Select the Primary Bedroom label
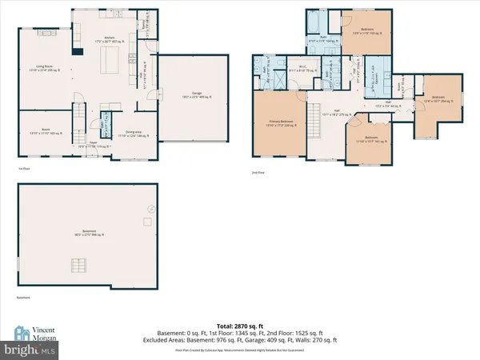coord(280,124)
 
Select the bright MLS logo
coord(29,349)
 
